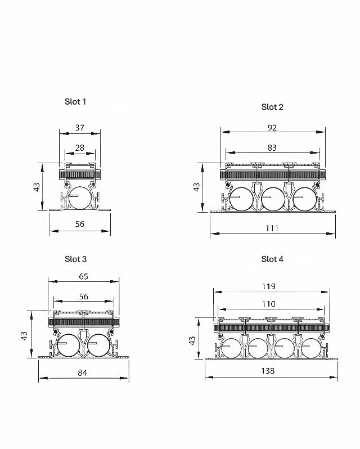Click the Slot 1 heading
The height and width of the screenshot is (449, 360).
(75, 102)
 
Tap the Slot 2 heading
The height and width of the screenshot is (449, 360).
(272, 107)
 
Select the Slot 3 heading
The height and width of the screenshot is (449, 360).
(75, 259)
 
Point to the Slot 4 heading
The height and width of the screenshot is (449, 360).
(272, 259)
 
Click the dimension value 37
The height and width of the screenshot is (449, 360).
(79, 128)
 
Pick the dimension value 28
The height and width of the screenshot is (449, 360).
(79, 148)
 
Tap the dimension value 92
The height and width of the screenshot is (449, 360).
(272, 128)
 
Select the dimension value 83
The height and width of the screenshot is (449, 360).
(272, 148)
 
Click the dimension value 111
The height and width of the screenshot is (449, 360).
(272, 228)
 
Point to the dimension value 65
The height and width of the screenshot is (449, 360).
(83, 277)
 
